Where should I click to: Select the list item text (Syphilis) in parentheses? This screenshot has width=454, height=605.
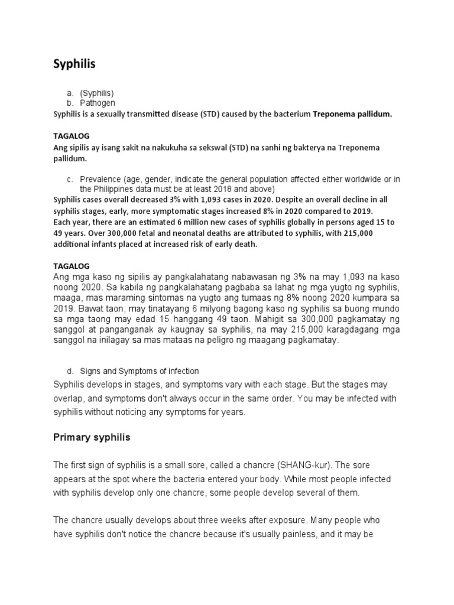tap(97, 93)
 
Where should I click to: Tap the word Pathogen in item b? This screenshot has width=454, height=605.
tap(98, 103)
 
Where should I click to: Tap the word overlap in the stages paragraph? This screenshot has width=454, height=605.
tap(70, 399)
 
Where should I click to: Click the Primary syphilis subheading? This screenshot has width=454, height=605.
tap(92, 438)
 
